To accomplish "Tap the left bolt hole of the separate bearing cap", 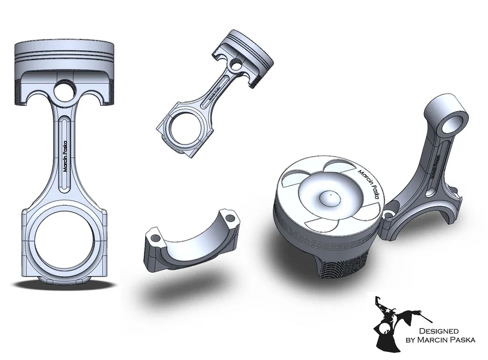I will [154, 236].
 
